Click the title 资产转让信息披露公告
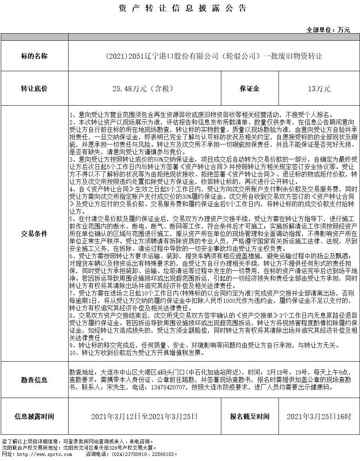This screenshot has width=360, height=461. (183, 9)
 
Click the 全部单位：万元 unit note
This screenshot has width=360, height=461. (328, 30)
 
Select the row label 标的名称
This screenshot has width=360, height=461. (34, 56)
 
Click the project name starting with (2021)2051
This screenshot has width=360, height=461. (214, 56)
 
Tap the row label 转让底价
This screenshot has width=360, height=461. (34, 89)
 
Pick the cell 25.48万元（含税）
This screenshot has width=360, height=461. (143, 89)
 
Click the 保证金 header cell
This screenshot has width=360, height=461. (250, 89)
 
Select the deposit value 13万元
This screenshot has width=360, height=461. (319, 89)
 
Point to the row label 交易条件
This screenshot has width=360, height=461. (34, 234)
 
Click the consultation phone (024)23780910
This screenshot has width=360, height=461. (131, 454)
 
